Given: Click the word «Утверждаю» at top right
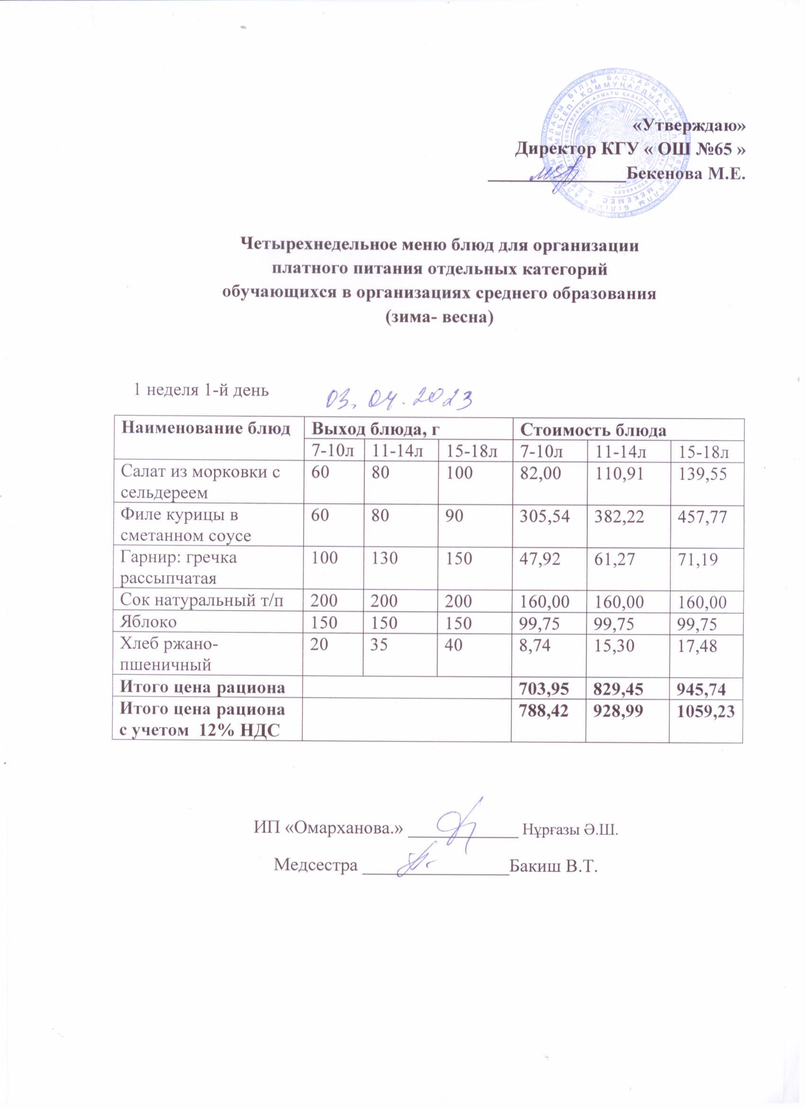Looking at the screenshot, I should pos(689,125).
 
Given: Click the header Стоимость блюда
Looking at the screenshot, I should pos(593,430).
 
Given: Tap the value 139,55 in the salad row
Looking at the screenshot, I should pos(699,474).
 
